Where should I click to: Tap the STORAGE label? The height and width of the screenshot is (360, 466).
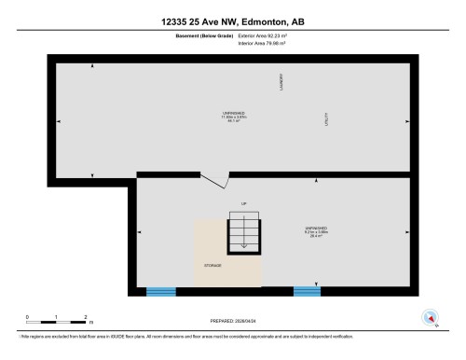212,265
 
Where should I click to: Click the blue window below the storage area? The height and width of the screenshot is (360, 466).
160,291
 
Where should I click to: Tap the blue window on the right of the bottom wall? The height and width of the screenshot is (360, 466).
307,291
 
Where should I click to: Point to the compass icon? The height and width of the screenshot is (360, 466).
431,317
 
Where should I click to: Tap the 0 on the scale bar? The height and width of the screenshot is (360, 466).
28,316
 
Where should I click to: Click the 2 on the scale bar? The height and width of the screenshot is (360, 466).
85,316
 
